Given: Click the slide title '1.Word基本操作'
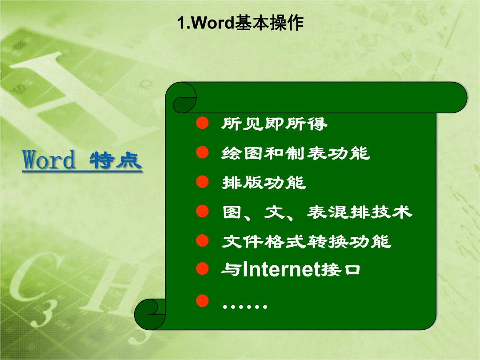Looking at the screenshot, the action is point(240,23).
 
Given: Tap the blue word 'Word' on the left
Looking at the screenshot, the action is point(49,160).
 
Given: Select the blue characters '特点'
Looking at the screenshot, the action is point(116,160).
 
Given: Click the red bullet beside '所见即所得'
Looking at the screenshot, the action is point(202,123).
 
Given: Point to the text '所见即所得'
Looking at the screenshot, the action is point(274,124).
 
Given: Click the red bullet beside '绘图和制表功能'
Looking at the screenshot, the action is point(202,152).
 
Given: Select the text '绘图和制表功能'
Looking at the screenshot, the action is point(296,153).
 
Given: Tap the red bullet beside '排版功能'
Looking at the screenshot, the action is point(202,181).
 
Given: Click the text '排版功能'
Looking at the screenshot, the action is point(264,183).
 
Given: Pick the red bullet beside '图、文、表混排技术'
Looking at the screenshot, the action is point(202,211).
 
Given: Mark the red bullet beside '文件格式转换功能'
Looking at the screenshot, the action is point(202,240).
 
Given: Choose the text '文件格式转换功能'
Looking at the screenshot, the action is point(306,242).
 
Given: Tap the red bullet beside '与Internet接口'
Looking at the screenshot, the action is point(202,268).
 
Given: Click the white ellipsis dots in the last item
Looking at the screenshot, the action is point(245,306).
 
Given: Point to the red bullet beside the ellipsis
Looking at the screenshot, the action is point(202,300).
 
